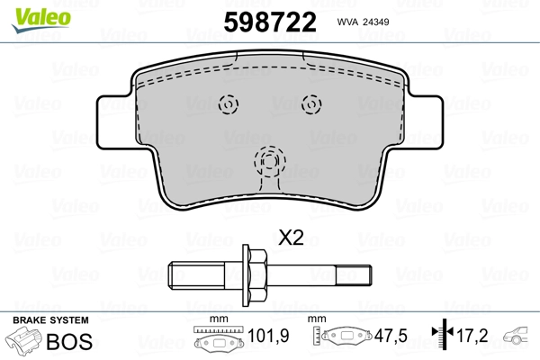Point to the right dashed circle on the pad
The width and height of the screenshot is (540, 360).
tap(310, 103)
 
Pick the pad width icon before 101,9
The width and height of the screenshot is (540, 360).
tap(220, 339)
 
